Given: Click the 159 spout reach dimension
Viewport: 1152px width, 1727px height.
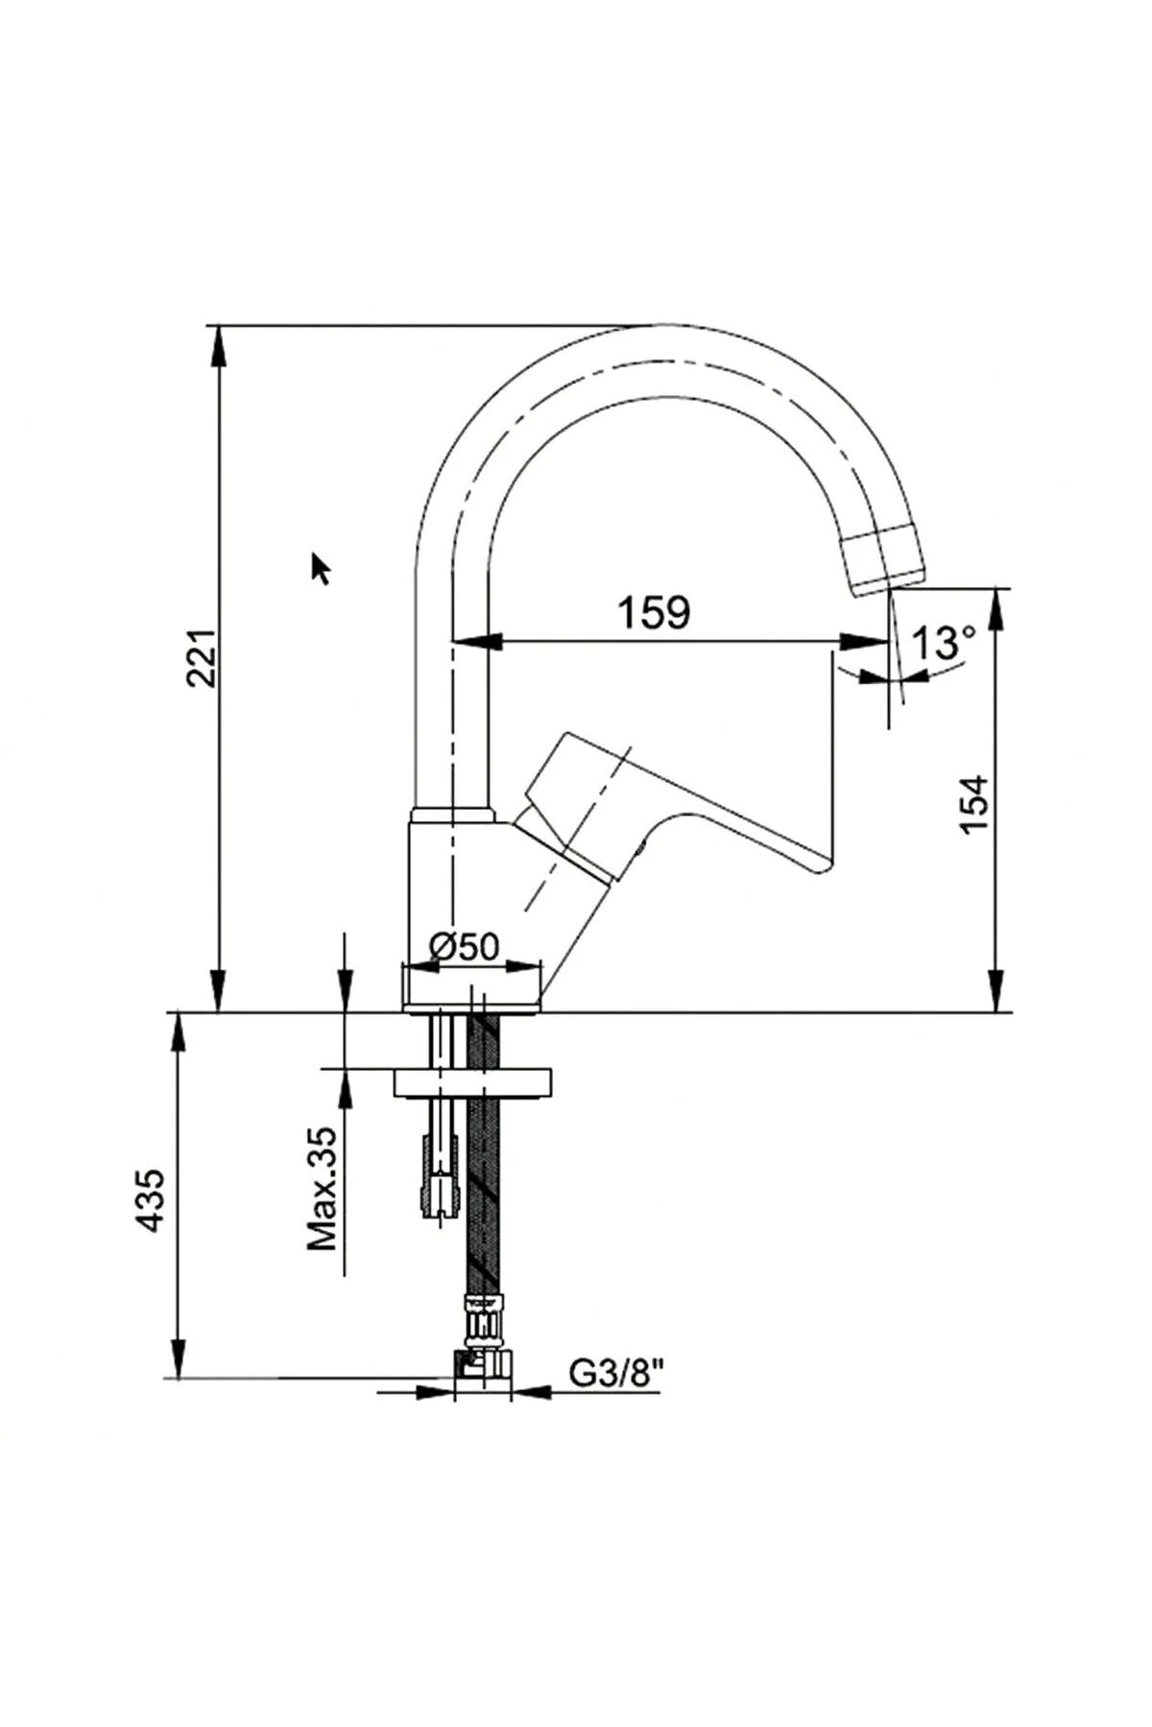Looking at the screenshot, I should click(653, 612).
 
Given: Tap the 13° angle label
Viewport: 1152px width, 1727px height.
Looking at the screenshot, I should click(943, 643).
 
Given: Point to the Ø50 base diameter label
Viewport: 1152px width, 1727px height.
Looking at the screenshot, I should click(466, 947).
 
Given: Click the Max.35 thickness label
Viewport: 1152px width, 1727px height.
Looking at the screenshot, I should click(324, 1189).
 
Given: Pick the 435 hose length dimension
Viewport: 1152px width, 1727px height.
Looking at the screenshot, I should click(151, 1200).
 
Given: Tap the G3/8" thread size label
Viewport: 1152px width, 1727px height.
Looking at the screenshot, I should click(616, 1374).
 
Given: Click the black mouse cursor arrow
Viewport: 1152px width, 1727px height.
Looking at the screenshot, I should click(321, 568).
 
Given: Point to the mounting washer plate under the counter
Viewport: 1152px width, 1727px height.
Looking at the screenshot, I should click(472, 1080).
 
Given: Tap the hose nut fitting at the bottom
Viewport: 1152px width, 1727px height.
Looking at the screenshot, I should click(482, 1362).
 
